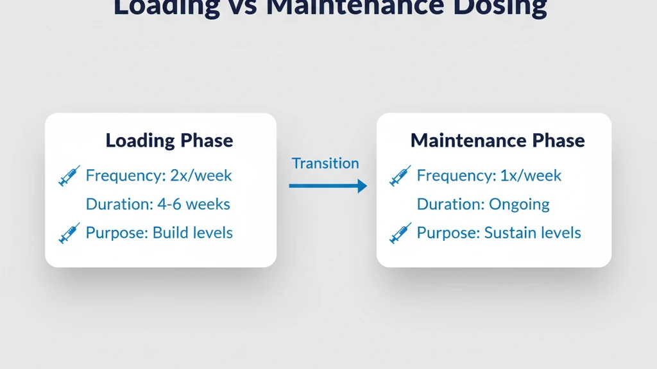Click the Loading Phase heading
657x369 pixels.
coord(169,140)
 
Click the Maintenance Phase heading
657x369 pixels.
coord(497,140)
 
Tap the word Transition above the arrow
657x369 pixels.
coord(325,163)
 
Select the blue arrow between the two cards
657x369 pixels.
coord(327,186)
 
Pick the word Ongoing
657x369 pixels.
coord(519,204)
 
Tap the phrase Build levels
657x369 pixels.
coord(192,233)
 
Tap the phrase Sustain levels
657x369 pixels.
coord(533,233)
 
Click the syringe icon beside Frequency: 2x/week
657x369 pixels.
coord(69,176)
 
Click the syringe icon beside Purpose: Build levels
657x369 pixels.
coord(69,233)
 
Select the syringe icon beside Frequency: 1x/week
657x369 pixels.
coord(400,176)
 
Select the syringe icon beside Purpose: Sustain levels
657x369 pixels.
coord(400,233)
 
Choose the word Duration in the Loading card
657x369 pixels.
coord(113,204)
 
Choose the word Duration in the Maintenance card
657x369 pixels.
coord(444,204)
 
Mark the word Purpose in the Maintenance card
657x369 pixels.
coord(446,233)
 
